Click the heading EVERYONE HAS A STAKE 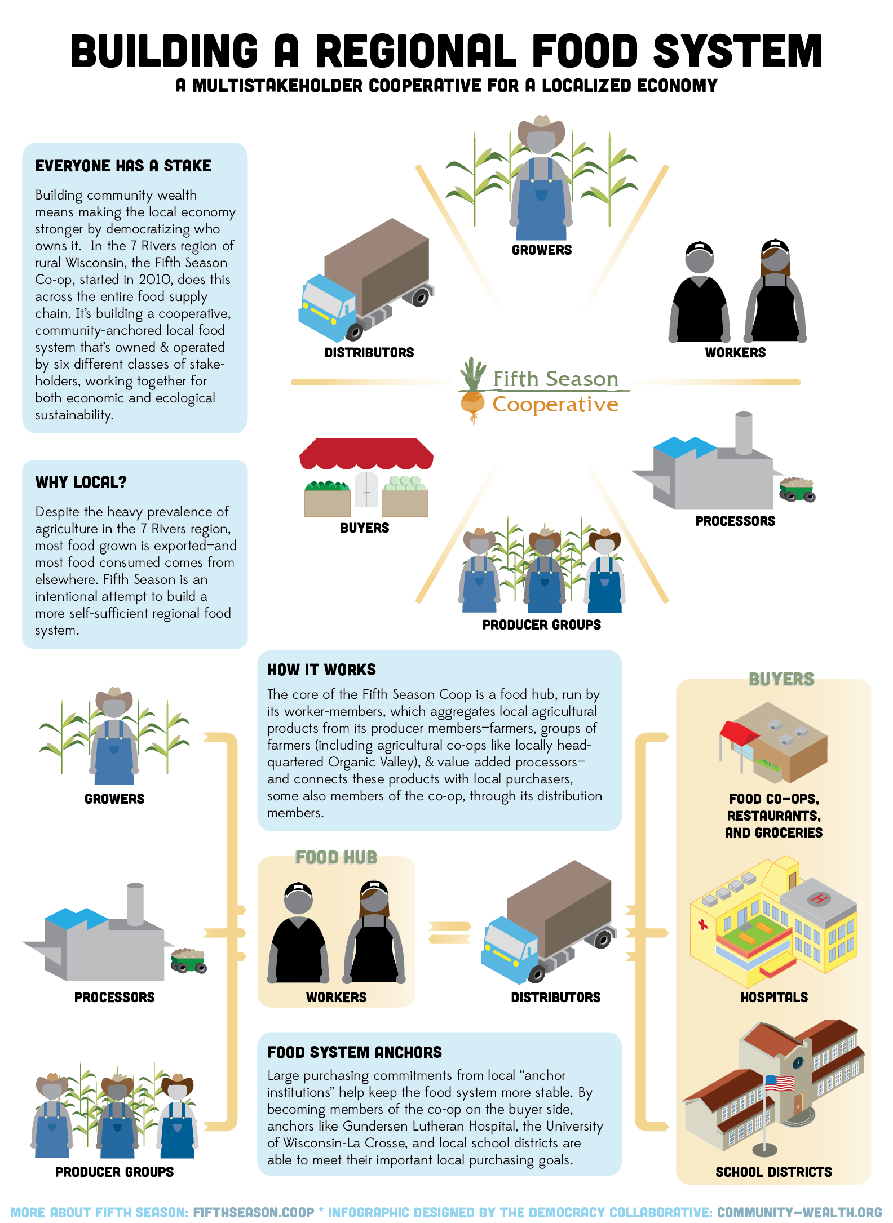(x=123, y=166)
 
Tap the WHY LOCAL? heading (x=81, y=482)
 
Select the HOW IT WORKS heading (x=321, y=670)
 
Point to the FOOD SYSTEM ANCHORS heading (x=355, y=1052)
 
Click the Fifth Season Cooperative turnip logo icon (x=472, y=390)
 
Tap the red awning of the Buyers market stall (x=366, y=454)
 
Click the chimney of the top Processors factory (x=744, y=432)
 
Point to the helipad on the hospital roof (x=818, y=898)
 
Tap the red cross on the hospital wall (x=702, y=924)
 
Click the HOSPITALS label (x=774, y=997)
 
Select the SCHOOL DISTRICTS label (x=773, y=1172)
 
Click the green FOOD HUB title (x=336, y=857)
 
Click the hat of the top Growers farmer (x=541, y=130)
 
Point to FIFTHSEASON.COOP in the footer (x=254, y=1212)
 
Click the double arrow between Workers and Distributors (x=449, y=932)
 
